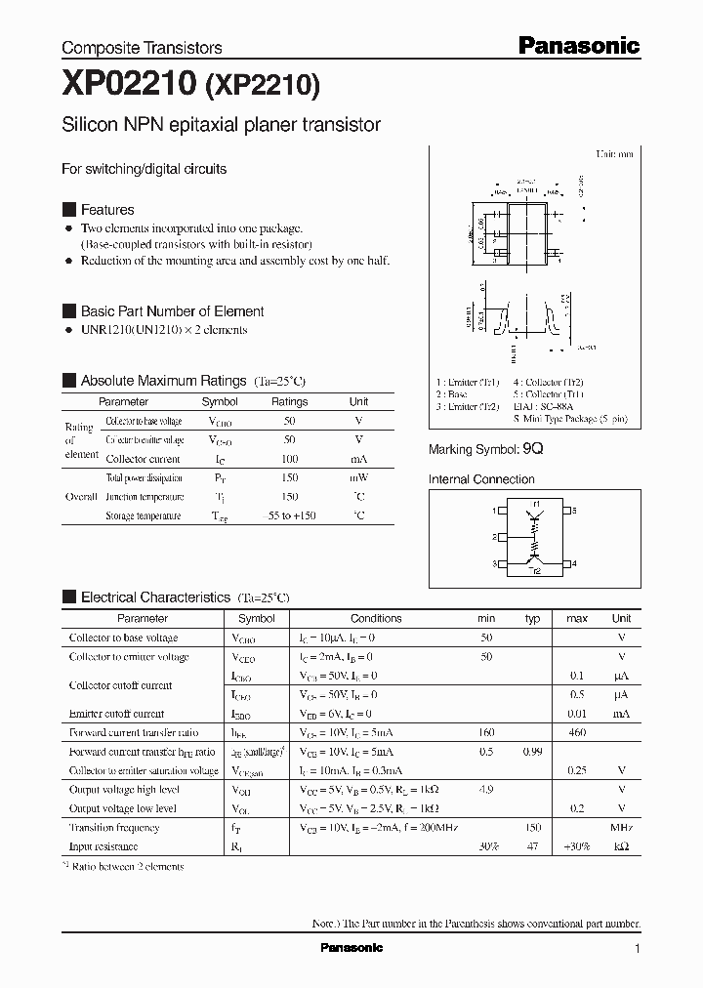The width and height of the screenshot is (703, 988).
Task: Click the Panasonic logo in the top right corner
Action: pos(578,45)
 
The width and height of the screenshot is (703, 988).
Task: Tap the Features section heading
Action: pos(107,210)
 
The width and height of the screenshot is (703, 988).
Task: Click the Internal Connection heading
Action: pos(481,479)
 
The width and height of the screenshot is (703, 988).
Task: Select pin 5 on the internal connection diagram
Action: pos(574,511)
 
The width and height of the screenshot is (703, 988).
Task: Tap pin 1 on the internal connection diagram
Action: pos(494,511)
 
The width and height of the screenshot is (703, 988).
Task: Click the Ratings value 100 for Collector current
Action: pos(289,458)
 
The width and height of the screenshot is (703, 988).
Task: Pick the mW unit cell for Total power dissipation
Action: pos(358,477)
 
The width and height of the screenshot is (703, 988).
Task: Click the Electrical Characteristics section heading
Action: pos(155,597)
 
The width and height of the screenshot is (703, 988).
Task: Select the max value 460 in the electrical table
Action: pos(577,732)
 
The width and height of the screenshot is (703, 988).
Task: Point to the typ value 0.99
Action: pos(532,752)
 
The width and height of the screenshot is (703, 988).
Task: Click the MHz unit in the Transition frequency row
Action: pos(621,827)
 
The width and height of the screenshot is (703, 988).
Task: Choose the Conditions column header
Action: pos(376,618)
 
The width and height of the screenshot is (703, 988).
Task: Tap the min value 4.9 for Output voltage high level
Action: pos(486,789)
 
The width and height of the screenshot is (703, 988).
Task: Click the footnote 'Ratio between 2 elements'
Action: pos(127,866)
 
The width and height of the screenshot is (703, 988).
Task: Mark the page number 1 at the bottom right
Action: pos(637,948)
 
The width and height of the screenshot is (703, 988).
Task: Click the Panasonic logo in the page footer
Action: pos(351,948)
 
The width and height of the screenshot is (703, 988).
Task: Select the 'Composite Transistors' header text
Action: pos(142,48)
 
